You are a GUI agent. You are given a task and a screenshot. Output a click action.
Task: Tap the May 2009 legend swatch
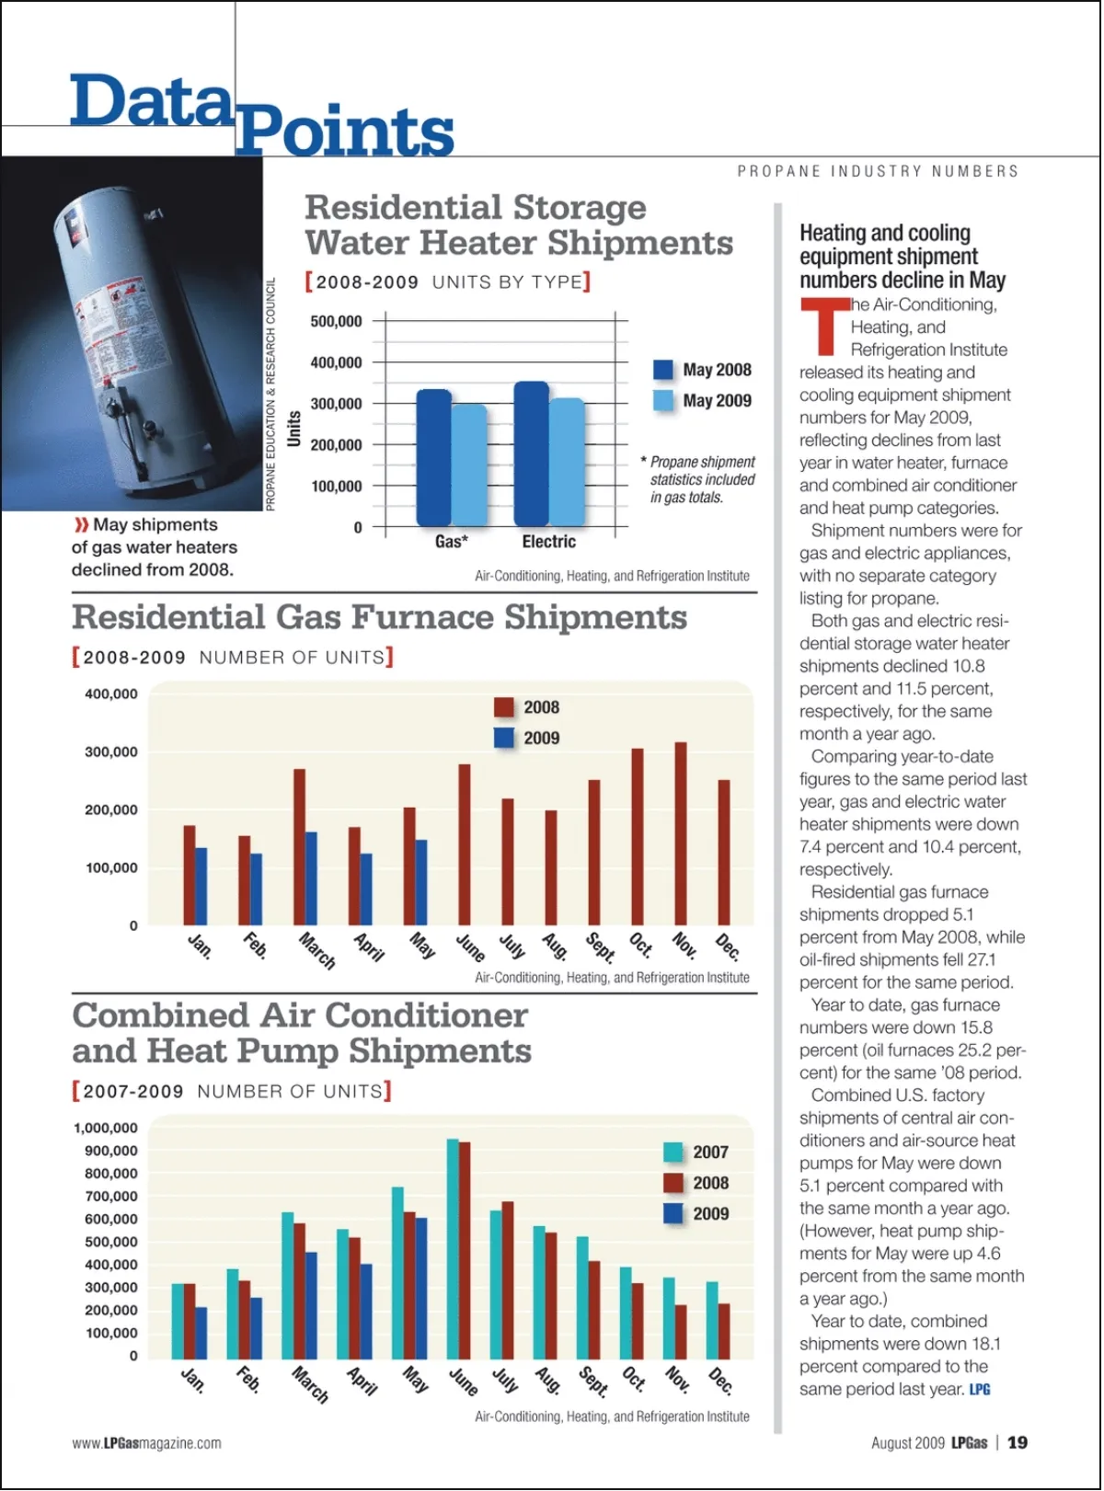663,400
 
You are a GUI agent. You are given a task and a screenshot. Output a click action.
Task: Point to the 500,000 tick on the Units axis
337,321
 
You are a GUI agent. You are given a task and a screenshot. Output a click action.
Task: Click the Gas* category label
451,542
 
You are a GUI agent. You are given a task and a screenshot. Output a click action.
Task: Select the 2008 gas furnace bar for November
681,833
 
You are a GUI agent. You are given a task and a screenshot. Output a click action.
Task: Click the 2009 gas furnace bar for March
311,878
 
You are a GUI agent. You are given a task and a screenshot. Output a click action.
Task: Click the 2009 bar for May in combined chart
421,1288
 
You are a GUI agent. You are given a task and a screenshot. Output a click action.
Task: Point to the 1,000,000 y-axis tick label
106,1128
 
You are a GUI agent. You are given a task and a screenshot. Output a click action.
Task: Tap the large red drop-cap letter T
824,326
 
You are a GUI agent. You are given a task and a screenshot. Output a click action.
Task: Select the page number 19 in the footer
1018,1442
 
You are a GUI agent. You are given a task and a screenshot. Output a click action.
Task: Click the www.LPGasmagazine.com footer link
147,1443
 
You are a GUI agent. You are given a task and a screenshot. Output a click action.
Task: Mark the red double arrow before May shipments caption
81,524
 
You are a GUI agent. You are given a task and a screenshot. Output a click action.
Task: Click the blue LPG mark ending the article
980,1389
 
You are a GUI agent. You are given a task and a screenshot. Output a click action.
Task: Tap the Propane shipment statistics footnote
702,479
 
